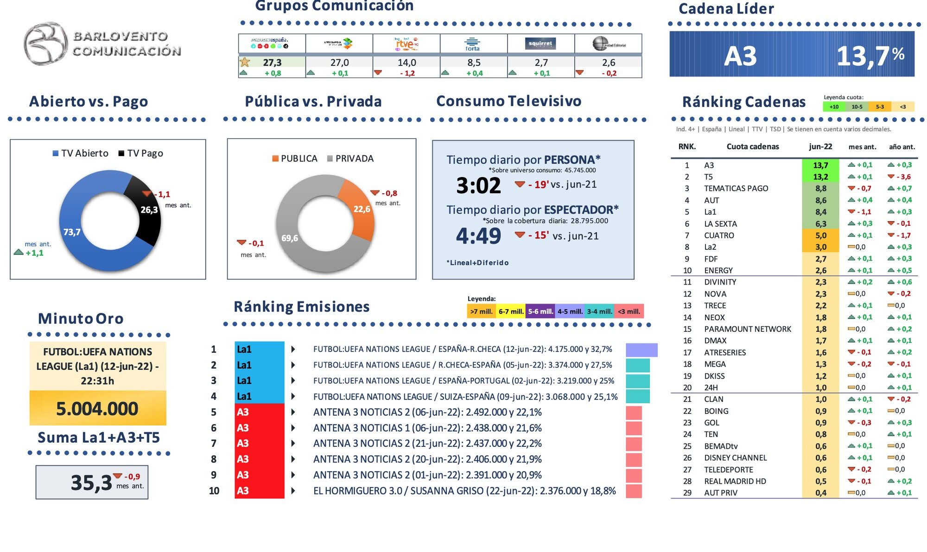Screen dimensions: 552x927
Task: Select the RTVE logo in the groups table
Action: click(406, 44)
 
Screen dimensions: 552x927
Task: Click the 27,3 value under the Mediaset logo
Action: click(272, 62)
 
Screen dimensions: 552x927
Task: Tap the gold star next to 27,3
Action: click(245, 62)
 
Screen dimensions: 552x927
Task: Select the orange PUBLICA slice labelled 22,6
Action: click(359, 209)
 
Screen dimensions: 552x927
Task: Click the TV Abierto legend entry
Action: click(81, 153)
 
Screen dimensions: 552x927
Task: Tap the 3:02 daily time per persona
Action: click(478, 185)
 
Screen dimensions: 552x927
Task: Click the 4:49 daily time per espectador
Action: click(478, 236)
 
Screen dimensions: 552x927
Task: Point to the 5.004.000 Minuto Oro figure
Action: click(97, 408)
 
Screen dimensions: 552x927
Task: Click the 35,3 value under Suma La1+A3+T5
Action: click(91, 482)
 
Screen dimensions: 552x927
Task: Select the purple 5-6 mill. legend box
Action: click(540, 311)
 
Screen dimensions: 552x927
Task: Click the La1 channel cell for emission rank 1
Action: click(259, 349)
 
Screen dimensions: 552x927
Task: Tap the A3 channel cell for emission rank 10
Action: click(259, 490)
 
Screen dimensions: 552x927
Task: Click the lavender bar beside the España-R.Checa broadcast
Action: click(641, 349)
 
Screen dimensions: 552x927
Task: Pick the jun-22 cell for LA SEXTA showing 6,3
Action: click(820, 224)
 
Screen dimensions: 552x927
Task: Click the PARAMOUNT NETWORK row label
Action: click(747, 329)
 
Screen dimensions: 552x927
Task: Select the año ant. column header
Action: click(902, 147)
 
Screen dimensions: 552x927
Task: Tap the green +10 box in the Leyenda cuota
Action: click(834, 107)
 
